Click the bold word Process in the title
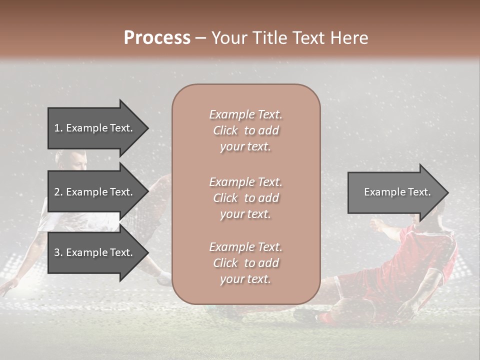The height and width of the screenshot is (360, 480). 157,38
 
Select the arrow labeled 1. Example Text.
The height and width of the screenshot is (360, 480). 95,128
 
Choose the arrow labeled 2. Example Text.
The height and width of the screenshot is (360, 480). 95,192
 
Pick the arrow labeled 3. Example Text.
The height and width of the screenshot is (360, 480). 95,252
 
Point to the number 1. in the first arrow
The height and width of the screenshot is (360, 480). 58,128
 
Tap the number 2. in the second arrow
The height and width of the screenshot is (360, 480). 58,192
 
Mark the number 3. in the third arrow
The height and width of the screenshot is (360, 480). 58,252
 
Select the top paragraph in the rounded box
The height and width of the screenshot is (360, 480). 245,130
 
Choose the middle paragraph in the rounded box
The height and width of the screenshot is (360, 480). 245,198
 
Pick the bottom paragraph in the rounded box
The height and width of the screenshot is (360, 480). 245,263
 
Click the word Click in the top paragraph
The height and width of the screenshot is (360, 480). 225,130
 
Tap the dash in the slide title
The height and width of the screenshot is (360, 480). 201,38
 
